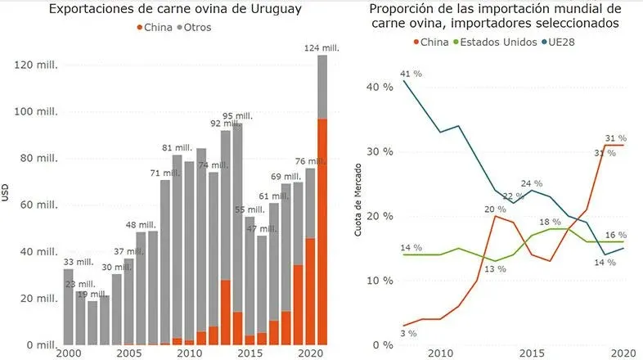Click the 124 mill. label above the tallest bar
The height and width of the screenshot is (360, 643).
tap(322, 48)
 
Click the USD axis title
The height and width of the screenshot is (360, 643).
tap(7, 195)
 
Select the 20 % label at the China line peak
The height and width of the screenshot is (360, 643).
tap(494, 209)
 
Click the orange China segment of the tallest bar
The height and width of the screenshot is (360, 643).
tap(322, 233)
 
